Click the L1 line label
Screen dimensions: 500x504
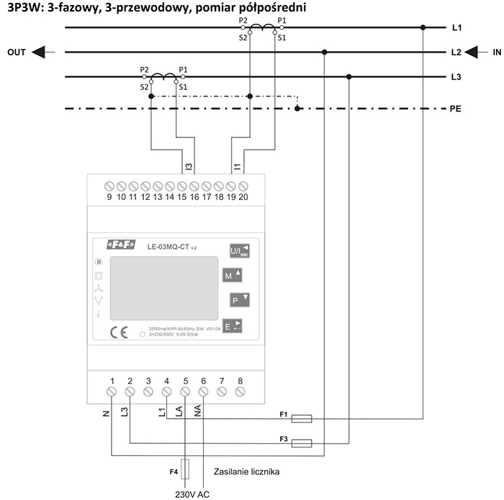[x=456, y=28]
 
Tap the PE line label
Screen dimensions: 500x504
[x=455, y=110]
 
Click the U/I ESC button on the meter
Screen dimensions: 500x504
[x=238, y=250]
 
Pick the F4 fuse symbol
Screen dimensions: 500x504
[x=186, y=470]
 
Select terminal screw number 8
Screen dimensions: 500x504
[x=239, y=392]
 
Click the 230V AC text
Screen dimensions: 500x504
[x=192, y=493]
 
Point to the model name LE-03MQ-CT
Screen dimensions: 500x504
[x=168, y=247]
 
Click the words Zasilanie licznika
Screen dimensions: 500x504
[x=247, y=472]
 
